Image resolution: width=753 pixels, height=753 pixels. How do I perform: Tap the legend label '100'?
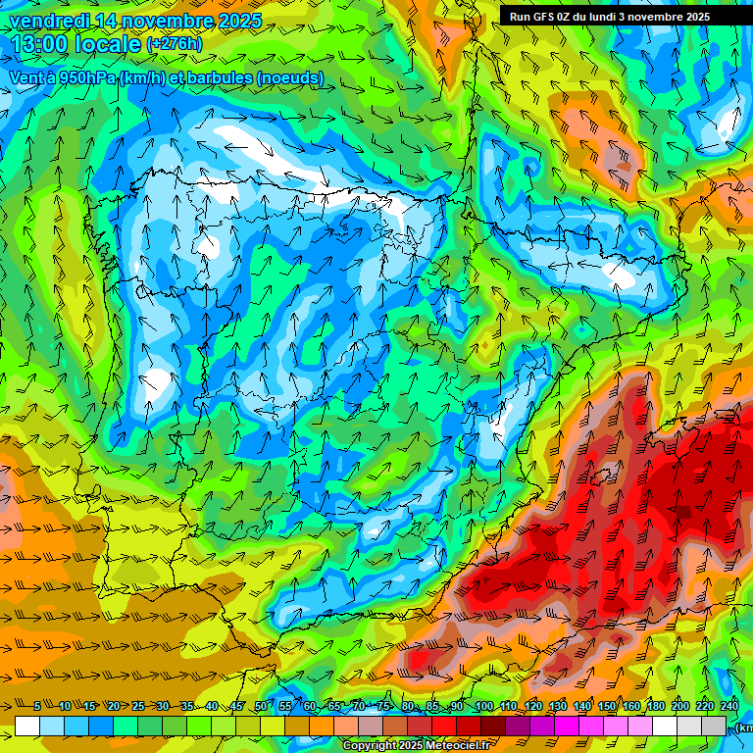click(x=484, y=706)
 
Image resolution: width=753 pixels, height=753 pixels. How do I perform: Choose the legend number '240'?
click(x=728, y=706)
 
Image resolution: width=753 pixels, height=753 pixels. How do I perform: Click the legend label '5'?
click(x=38, y=706)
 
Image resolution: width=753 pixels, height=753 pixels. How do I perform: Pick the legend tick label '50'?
click(x=260, y=706)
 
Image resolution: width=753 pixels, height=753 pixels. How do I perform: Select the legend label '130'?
click(x=558, y=706)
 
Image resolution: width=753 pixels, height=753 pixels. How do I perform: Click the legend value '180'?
click(x=655, y=706)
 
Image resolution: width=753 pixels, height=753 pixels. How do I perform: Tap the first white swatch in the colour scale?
click(x=27, y=726)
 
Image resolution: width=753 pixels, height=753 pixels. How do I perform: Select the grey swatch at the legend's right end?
click(x=715, y=726)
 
